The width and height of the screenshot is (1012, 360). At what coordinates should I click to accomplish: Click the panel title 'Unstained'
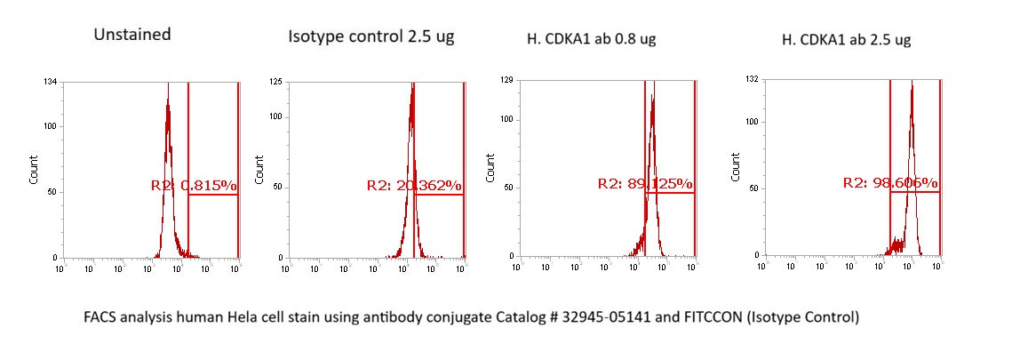(132, 36)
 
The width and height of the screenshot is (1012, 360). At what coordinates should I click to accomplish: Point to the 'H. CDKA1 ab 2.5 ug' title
(846, 39)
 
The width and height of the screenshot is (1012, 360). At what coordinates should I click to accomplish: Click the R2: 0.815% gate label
(194, 186)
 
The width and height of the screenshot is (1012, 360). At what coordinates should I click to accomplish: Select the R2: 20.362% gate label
(414, 186)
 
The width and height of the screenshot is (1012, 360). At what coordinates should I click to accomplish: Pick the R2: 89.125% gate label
(645, 184)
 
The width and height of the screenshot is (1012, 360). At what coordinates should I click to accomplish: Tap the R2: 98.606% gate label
(891, 183)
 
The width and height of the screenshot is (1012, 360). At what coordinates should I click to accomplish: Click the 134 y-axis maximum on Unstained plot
(52, 83)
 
